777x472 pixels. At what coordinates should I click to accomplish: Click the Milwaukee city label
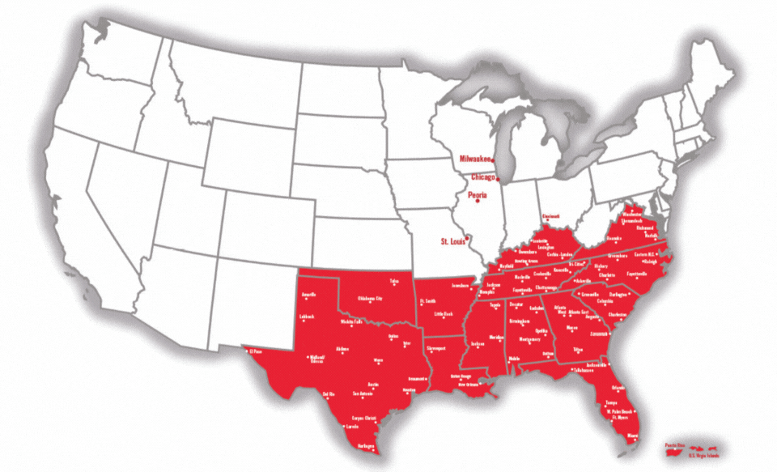pos(477,159)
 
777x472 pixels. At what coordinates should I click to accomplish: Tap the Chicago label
pos(483,176)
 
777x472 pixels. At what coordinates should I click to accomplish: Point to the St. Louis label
pos(454,241)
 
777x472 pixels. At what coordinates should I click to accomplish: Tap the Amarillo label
pos(308,294)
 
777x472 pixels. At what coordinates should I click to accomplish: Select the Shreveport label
pos(436,348)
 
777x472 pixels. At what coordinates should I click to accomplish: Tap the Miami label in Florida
pos(633,436)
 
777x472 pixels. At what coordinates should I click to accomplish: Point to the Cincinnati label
pos(551,216)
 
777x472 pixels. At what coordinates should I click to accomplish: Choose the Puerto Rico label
pos(676,444)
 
